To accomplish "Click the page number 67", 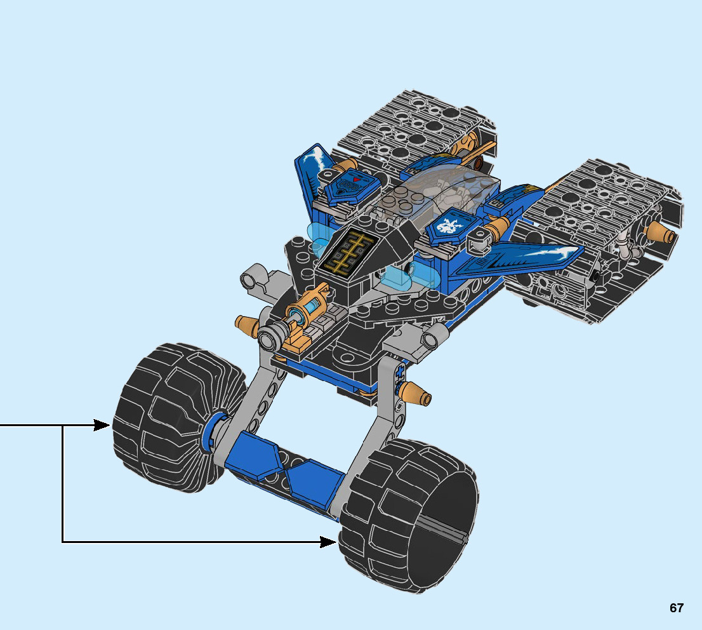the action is pyautogui.click(x=677, y=608).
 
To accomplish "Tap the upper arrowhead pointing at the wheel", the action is pyautogui.click(x=102, y=425).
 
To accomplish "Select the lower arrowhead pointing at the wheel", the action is pyautogui.click(x=328, y=542).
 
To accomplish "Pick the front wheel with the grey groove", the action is pyautogui.click(x=408, y=515).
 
